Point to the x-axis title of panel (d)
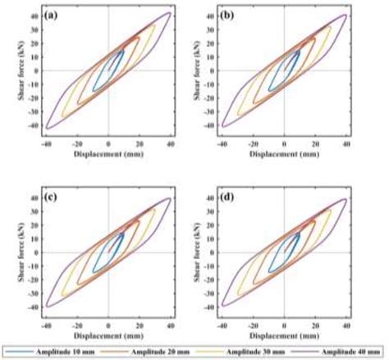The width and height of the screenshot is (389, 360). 284,335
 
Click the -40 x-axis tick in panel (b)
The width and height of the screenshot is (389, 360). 222,142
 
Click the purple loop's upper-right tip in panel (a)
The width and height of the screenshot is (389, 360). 170,12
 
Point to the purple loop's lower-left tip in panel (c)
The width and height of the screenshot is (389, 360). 47,307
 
